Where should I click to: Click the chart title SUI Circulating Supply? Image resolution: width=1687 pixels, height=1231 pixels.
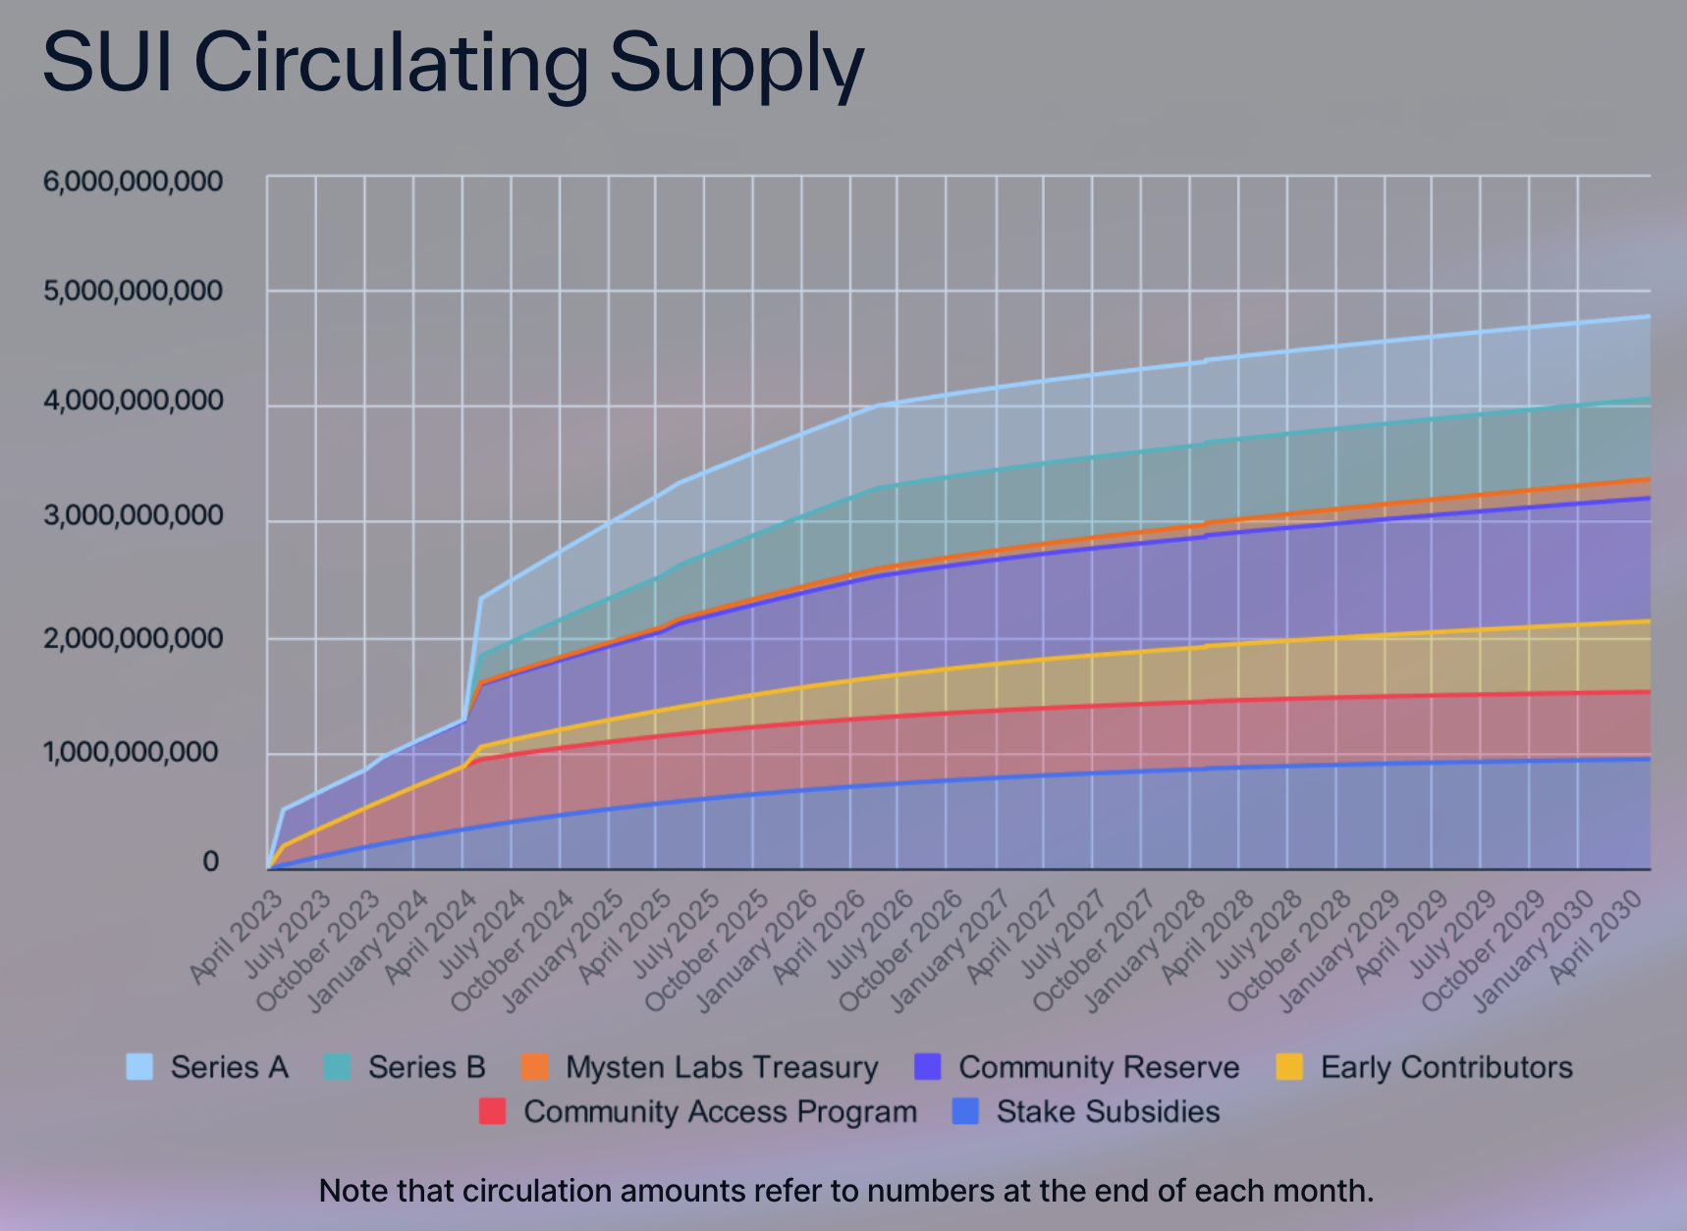[453, 61]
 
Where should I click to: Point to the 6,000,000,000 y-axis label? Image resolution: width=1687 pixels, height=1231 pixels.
[133, 182]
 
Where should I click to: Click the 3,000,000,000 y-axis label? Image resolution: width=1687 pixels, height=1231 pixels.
[133, 516]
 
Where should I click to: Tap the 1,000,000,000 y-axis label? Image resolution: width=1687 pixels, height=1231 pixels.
[133, 753]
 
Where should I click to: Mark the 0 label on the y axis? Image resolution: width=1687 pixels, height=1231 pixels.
[210, 862]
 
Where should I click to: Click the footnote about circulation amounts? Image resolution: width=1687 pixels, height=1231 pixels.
[845, 1191]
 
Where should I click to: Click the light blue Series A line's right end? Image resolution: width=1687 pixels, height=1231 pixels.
[1647, 316]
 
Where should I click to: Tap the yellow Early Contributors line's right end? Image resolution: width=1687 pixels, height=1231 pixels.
[1647, 620]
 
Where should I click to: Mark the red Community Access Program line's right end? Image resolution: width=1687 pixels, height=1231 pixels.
[1647, 692]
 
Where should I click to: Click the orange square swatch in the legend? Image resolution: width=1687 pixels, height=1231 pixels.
[535, 1067]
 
